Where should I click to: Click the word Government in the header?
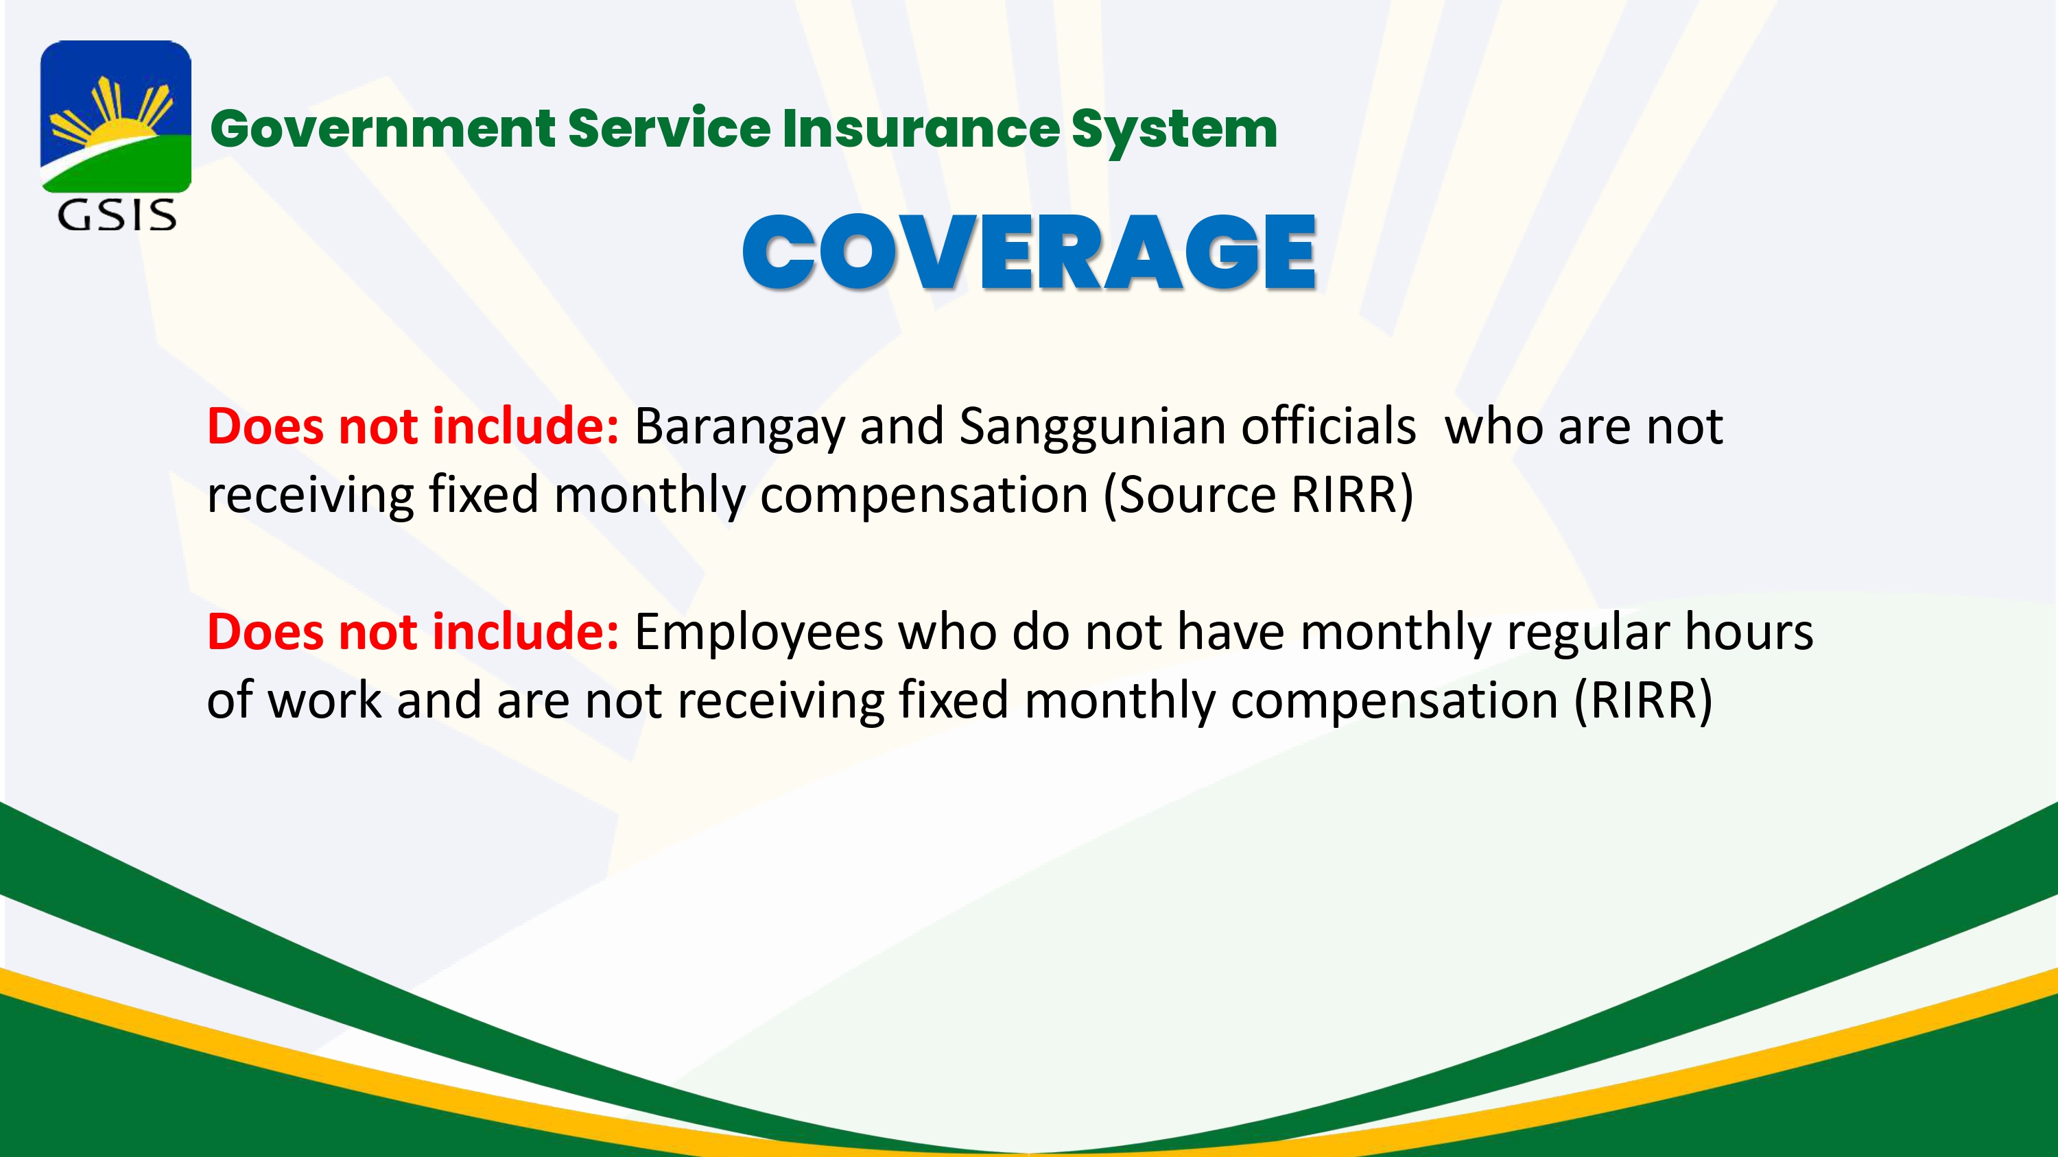tap(383, 130)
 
